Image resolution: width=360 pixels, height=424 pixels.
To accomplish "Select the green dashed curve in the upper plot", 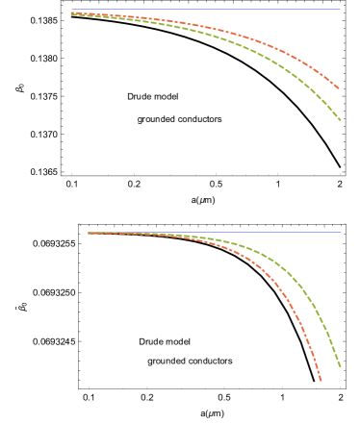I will tap(241, 47).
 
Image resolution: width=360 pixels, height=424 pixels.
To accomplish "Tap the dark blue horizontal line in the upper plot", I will tap(289, 10).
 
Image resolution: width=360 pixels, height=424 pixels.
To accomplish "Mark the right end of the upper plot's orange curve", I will tap(338, 88).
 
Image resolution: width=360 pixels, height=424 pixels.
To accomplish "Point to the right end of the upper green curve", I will tap(340, 120).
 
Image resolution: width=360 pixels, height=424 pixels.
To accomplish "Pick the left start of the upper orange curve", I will tap(71, 12).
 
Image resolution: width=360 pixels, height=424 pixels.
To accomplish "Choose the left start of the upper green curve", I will tap(71, 14).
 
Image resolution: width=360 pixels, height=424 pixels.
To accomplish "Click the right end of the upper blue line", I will tap(341, 10).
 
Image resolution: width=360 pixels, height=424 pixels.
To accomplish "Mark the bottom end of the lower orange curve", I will tap(321, 381).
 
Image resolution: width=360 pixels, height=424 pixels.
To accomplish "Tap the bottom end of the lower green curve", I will tap(340, 366).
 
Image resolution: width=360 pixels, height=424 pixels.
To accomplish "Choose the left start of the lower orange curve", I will tap(89, 233).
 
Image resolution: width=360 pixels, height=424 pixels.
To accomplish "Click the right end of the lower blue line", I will tap(341, 232).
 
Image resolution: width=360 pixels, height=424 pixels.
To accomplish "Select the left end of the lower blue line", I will tap(89, 232).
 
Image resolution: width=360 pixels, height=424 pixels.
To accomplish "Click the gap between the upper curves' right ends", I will tap(339, 104).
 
